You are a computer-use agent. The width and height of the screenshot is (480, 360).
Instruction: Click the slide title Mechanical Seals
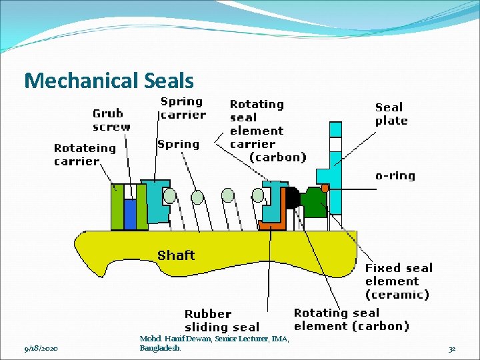click(x=109, y=81)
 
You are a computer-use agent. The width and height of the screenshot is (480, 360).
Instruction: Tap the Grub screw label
click(x=111, y=120)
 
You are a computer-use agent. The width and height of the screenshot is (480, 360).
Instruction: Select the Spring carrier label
click(x=183, y=108)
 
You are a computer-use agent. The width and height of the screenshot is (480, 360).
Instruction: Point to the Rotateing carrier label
click(x=85, y=155)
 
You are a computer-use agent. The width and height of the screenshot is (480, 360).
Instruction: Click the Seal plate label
click(x=391, y=114)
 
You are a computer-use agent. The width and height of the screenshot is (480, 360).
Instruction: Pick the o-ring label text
click(x=395, y=176)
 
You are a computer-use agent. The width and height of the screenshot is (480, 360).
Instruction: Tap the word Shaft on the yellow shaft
click(x=176, y=255)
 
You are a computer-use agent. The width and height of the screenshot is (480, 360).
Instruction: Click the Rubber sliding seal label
click(x=221, y=320)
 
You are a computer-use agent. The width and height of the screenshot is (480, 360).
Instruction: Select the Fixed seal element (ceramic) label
click(x=398, y=281)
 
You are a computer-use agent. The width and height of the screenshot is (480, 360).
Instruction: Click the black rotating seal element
click(x=291, y=198)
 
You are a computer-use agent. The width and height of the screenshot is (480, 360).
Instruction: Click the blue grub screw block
click(x=131, y=214)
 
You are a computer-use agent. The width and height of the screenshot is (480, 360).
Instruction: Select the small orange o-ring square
click(x=325, y=188)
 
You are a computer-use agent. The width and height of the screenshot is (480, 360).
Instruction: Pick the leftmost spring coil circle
click(x=170, y=195)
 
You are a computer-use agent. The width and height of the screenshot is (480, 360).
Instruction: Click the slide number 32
click(x=451, y=349)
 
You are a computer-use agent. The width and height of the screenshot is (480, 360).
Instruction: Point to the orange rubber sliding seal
click(x=272, y=226)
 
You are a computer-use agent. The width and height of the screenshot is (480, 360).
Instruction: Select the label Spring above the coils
click(x=178, y=144)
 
